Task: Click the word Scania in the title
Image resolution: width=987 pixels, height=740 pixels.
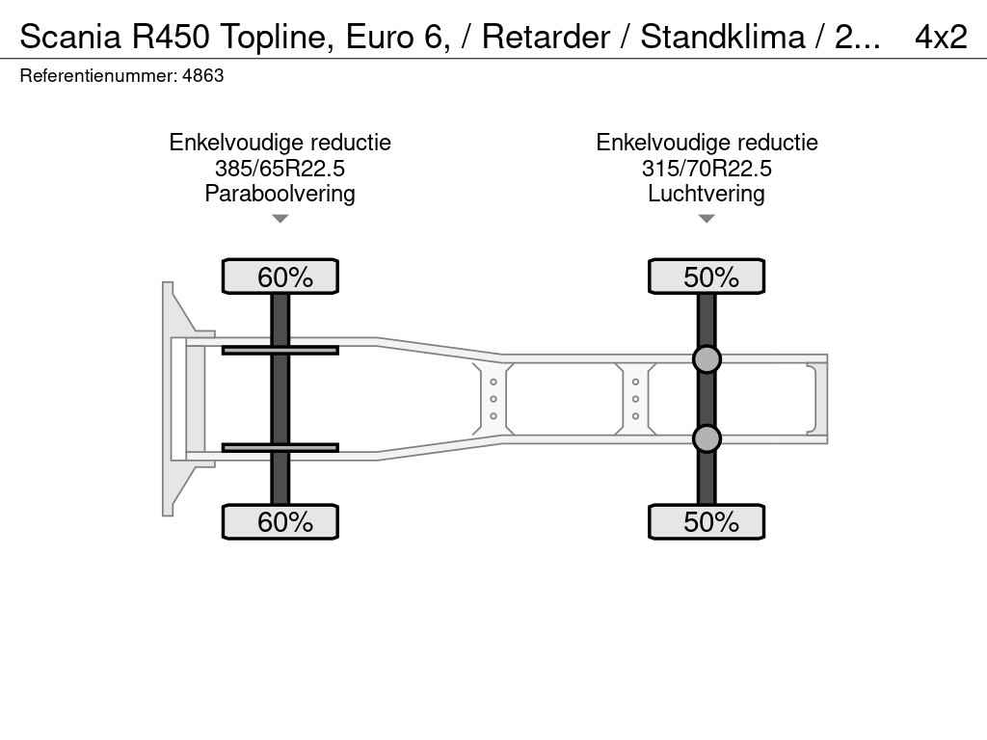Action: (69, 37)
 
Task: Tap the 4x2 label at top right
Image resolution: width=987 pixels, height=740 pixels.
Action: (941, 37)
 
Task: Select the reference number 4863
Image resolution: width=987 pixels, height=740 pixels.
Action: (202, 76)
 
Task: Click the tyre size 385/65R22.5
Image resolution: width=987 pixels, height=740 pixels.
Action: (280, 169)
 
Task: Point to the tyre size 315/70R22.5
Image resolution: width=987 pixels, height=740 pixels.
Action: (707, 169)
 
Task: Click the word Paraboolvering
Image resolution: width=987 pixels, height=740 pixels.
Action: (280, 194)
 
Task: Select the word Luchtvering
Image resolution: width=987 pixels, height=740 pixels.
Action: (707, 194)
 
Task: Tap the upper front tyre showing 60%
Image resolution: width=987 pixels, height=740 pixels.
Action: (280, 277)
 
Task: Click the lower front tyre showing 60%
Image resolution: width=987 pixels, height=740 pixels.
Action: (280, 521)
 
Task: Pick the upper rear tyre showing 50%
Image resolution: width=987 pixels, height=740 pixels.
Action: (707, 277)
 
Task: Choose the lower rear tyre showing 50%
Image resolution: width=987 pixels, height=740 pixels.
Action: (707, 521)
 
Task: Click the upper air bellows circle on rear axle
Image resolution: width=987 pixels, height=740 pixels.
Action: (707, 359)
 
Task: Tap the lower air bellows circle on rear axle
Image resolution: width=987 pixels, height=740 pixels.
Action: (707, 438)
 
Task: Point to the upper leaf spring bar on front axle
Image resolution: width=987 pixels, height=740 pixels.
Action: (280, 350)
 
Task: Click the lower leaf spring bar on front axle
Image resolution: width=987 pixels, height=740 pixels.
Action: (280, 447)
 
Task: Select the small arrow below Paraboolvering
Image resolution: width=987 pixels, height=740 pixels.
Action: (280, 219)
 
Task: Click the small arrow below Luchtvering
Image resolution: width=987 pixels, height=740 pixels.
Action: (707, 219)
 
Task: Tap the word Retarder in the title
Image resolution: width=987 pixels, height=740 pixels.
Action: (546, 37)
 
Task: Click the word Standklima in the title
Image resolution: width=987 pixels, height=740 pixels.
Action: (723, 37)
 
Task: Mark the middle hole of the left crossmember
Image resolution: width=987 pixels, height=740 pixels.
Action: (493, 399)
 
